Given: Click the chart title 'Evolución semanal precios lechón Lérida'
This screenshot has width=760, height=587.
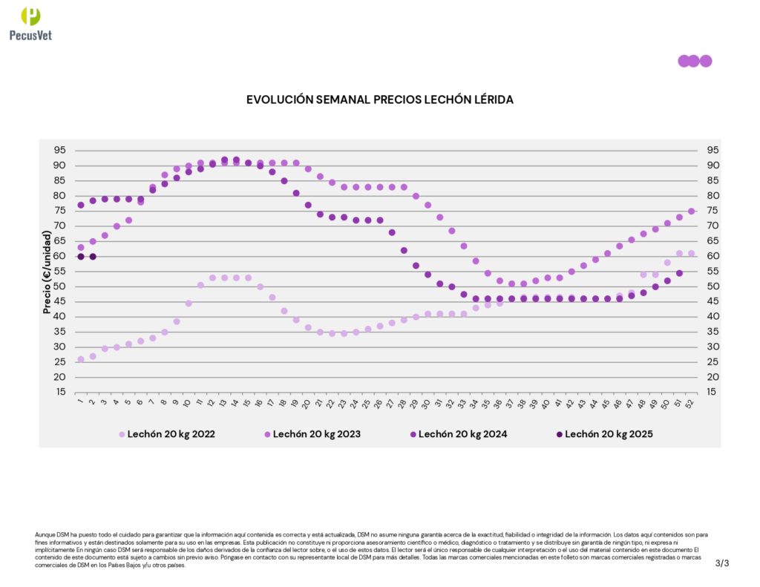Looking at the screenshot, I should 379,99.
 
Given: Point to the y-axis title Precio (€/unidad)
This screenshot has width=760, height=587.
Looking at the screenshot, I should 47,272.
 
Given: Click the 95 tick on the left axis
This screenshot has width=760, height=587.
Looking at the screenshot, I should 59,151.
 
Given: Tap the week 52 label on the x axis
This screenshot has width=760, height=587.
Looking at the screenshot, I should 691,403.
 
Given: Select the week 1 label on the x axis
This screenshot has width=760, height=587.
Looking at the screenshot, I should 79,402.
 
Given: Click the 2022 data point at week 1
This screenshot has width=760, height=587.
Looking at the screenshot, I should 81,359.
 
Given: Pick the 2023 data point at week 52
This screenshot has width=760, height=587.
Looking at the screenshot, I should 691,211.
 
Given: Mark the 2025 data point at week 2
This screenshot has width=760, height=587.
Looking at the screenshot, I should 93,256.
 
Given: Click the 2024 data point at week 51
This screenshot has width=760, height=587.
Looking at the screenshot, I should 679,273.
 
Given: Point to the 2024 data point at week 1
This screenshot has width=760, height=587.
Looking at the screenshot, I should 81,205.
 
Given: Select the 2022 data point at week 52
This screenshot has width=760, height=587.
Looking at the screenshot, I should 691,253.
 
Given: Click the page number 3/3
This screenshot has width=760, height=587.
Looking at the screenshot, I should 722,563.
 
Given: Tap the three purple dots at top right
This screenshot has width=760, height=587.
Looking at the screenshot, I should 694,61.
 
